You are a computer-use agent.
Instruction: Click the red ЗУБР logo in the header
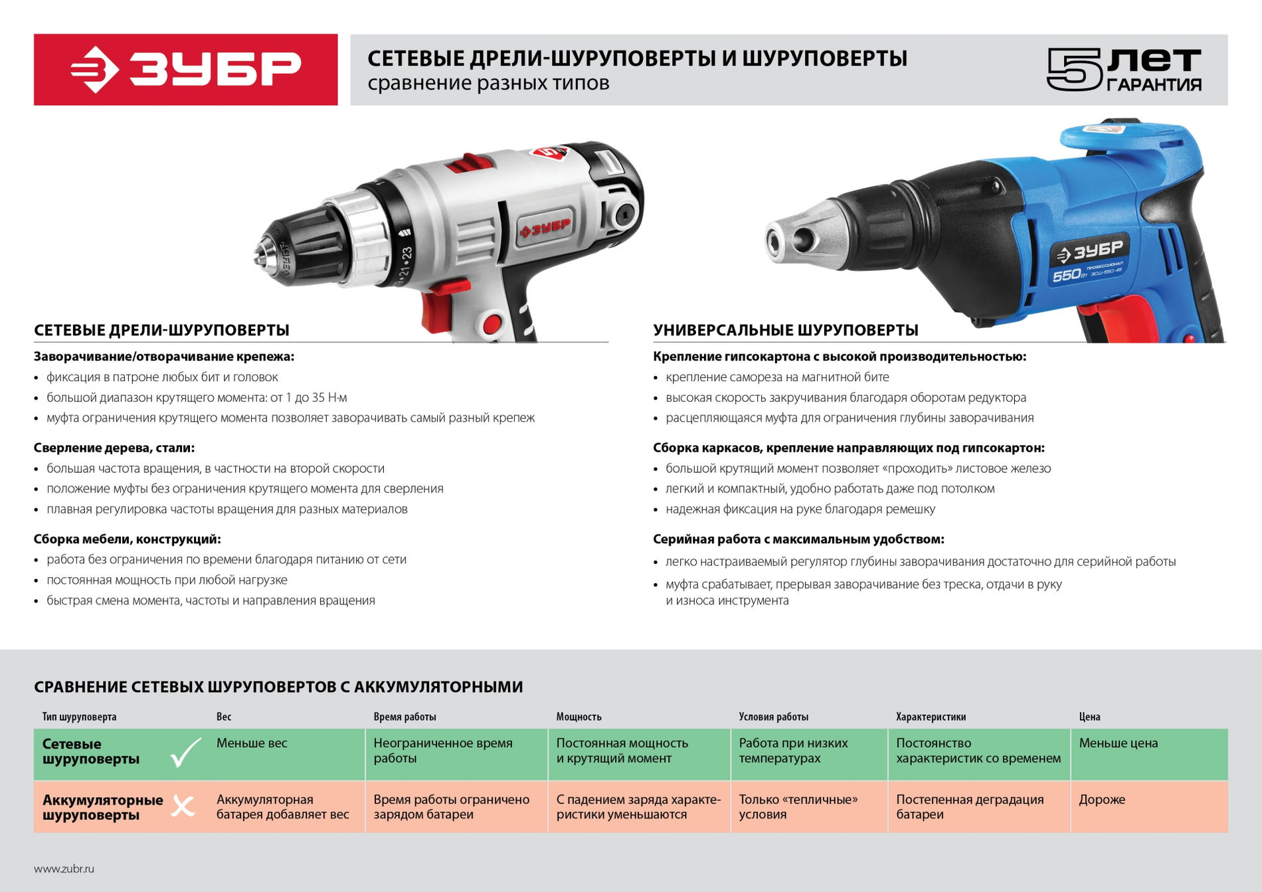coord(186,70)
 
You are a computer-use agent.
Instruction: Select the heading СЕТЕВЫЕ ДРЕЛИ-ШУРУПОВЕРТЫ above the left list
coord(161,330)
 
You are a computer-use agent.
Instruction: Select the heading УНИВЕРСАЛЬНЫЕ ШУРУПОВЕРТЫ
coord(786,330)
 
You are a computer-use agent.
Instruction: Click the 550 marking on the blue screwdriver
coord(1067,274)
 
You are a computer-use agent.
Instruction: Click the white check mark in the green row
coord(185,753)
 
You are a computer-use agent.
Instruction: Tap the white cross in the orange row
coord(183,806)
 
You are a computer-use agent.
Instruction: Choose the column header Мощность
coord(579,717)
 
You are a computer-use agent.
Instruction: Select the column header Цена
coord(1089,717)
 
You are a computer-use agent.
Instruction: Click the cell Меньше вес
coord(252,743)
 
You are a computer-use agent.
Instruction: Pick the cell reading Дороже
coord(1102,800)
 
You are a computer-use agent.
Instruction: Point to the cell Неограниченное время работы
coord(443,751)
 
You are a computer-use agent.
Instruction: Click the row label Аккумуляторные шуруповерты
coord(102,807)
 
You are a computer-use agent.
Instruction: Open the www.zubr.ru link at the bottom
coord(64,869)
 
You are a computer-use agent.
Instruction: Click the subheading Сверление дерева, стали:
coord(114,448)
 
